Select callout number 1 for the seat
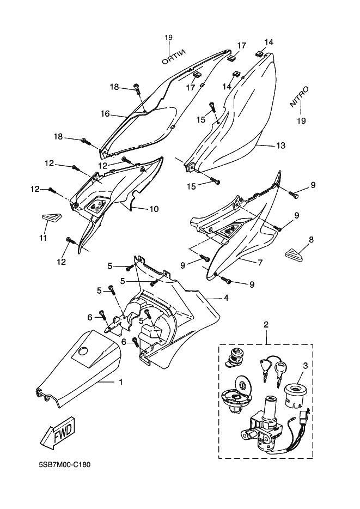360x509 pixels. [x=120, y=383]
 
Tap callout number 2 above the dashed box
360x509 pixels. [x=266, y=325]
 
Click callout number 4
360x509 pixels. [x=225, y=298]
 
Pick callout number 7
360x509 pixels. [x=260, y=263]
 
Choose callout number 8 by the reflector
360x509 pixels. [x=296, y=239]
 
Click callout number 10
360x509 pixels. [x=154, y=209]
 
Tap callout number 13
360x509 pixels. [x=280, y=146]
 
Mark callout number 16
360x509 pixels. [x=105, y=114]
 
